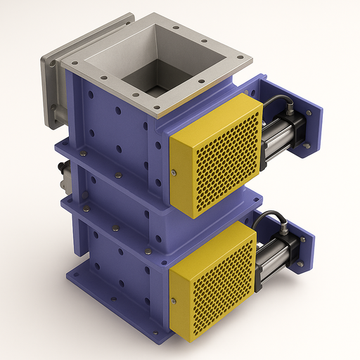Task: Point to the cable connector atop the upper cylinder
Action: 290,110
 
